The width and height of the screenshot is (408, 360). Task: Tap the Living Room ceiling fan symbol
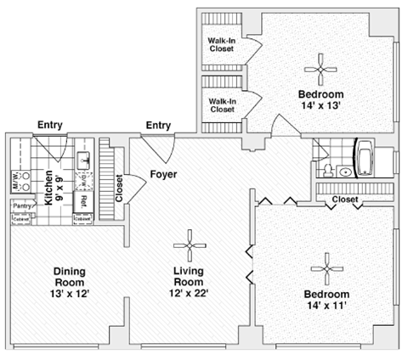click(x=189, y=246)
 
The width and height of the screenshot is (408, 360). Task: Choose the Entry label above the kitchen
click(x=50, y=126)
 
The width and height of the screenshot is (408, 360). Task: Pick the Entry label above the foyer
click(x=158, y=126)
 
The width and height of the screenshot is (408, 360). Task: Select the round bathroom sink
click(x=344, y=172)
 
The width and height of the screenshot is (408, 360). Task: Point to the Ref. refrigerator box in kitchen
click(x=83, y=201)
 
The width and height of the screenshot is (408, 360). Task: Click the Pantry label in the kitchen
click(x=20, y=205)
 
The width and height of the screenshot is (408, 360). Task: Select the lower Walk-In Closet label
click(x=222, y=104)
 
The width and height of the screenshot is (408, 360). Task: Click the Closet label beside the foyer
click(x=119, y=188)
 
